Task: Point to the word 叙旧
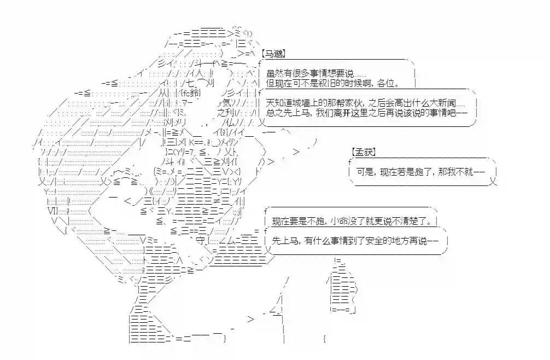(x=331, y=84)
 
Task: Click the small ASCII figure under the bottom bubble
(x=342, y=287)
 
